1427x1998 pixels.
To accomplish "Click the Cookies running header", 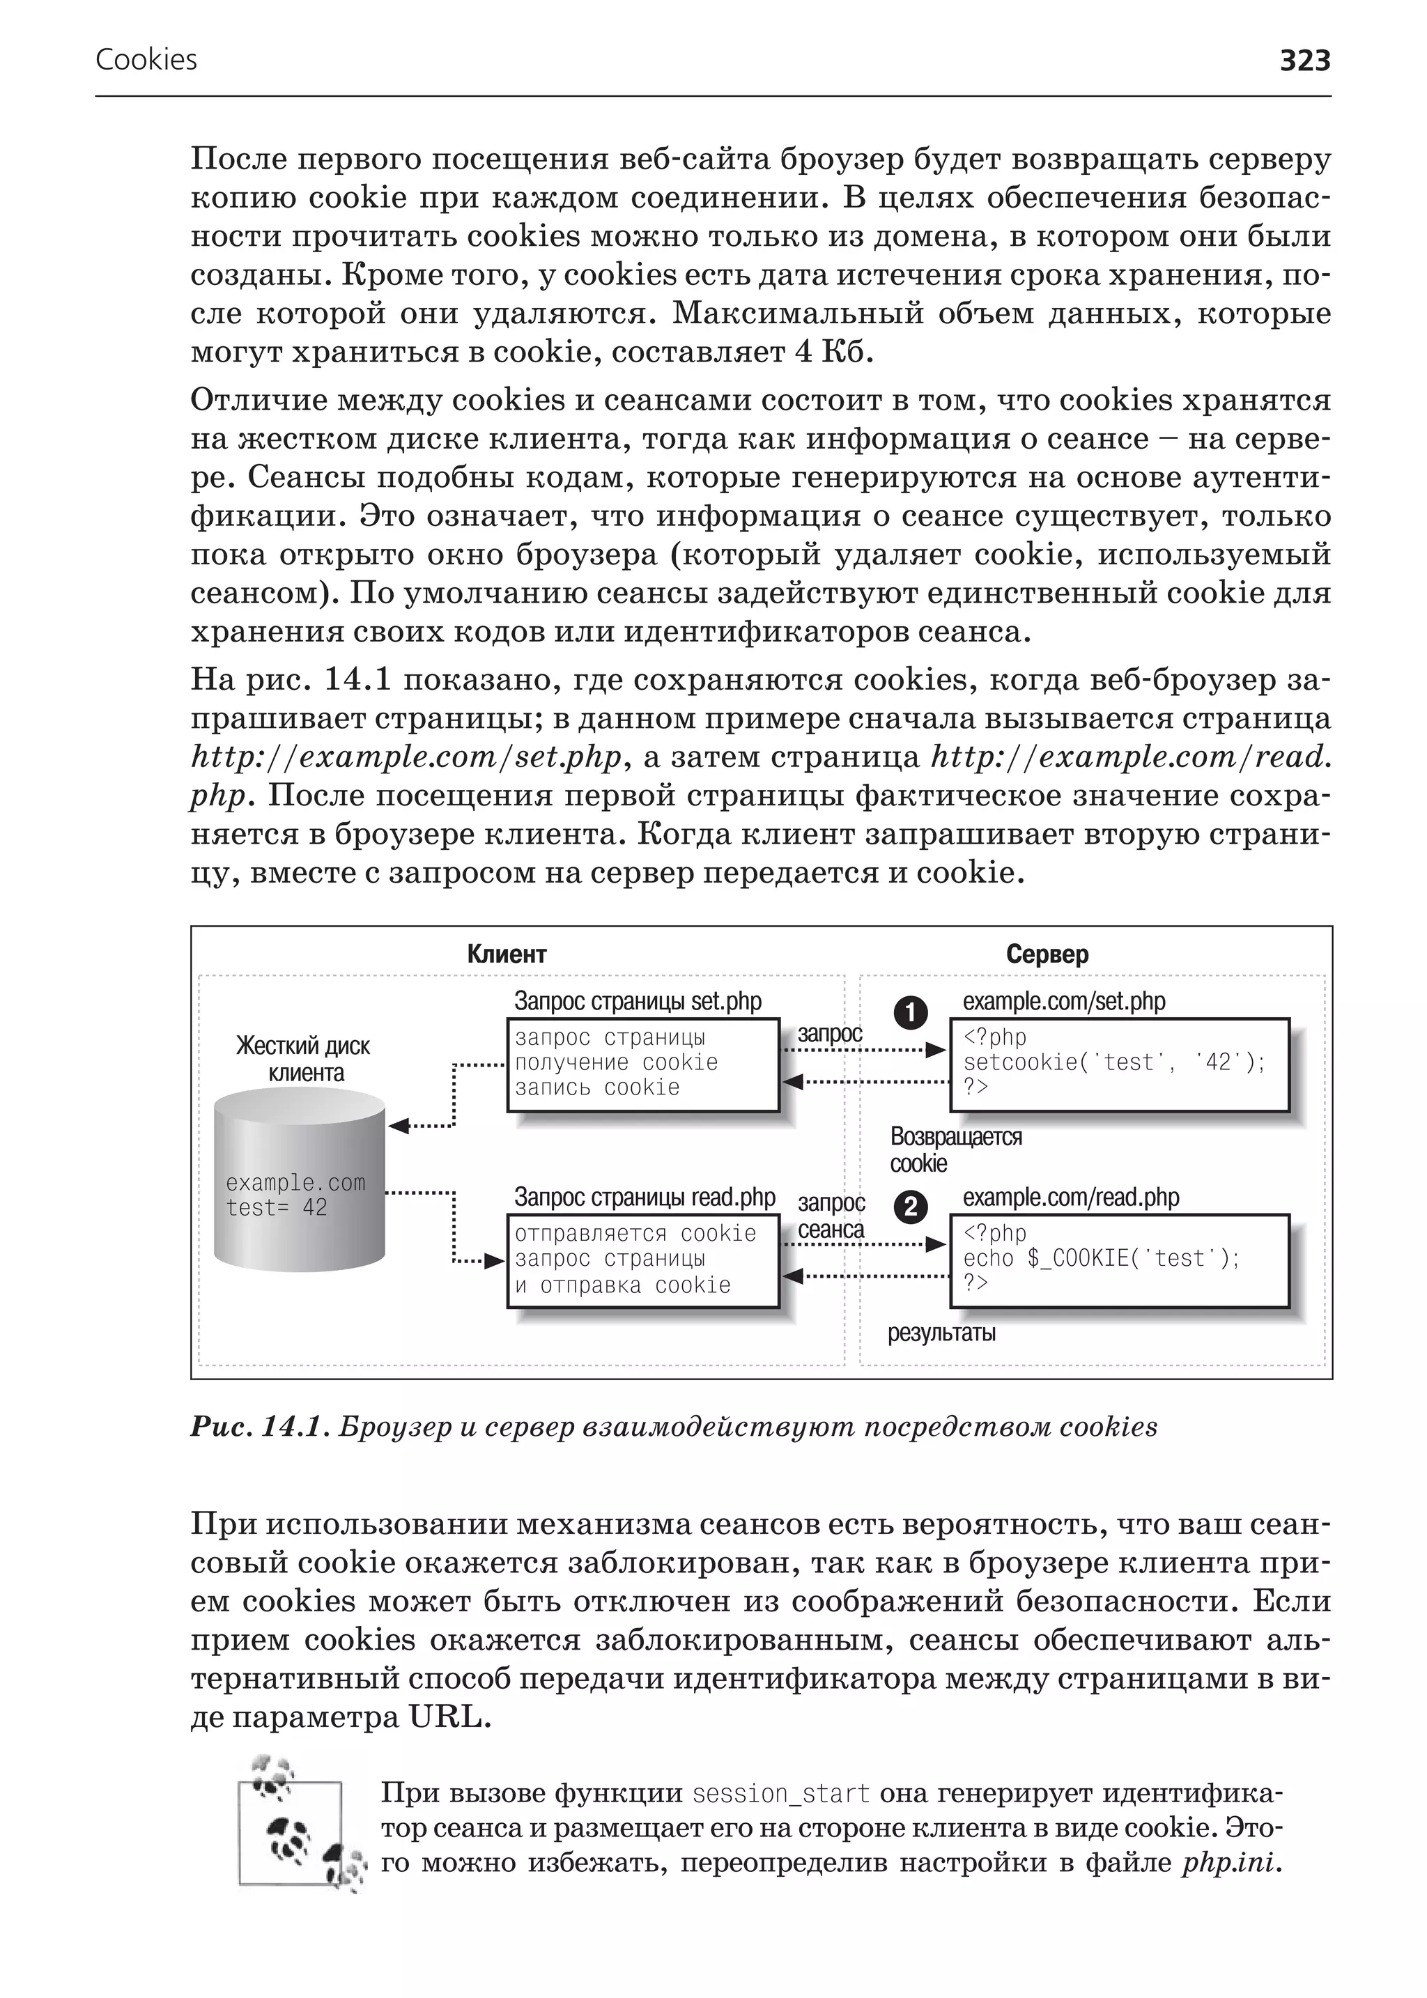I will (146, 60).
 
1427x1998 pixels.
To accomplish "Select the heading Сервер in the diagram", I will (1047, 954).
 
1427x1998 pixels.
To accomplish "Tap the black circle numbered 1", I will (910, 1012).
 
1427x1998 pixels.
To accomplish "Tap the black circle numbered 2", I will (910, 1207).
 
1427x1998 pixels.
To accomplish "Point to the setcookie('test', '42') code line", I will (1113, 1062).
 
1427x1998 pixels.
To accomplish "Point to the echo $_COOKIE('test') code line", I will (1100, 1258).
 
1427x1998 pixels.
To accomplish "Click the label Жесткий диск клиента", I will (304, 1059).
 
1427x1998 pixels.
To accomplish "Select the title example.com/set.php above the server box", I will (1063, 1002).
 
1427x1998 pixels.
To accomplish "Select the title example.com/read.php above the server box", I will (1070, 1198).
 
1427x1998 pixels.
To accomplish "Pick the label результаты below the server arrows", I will (941, 1333).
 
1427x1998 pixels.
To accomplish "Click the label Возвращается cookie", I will (955, 1149).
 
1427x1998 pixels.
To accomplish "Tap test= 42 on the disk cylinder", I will (276, 1208).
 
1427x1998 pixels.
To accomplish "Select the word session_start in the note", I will (780, 1793).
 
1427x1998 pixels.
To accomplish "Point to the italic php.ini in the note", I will (1231, 1862).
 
